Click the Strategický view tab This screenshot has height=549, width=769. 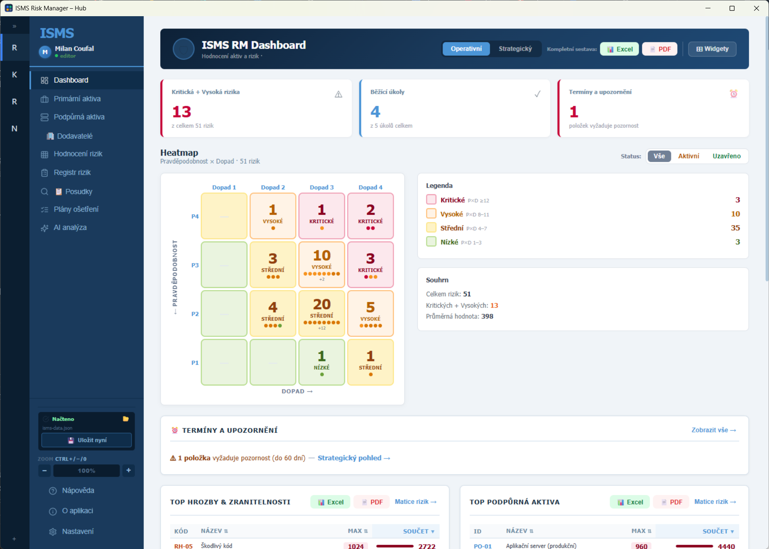(515, 49)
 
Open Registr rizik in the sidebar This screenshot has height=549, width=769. (72, 173)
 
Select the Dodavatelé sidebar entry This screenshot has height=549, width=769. (75, 136)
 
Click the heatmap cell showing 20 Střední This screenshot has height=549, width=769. (322, 313)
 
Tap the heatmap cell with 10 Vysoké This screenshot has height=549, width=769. (322, 265)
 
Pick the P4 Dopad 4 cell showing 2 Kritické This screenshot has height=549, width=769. (370, 216)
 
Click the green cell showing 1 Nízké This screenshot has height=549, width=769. (322, 362)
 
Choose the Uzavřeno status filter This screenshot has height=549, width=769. (727, 156)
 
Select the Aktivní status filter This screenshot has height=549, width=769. (688, 156)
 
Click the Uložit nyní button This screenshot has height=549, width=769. (87, 440)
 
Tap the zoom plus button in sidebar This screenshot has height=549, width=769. (129, 470)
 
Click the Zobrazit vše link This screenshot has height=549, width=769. (714, 430)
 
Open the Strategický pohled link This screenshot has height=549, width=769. (354, 458)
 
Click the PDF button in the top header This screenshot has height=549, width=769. (660, 49)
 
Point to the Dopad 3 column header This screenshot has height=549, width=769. (322, 188)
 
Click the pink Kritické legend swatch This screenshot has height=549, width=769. (431, 200)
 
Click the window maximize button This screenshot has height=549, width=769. (732, 8)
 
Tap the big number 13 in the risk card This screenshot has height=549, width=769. (182, 112)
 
